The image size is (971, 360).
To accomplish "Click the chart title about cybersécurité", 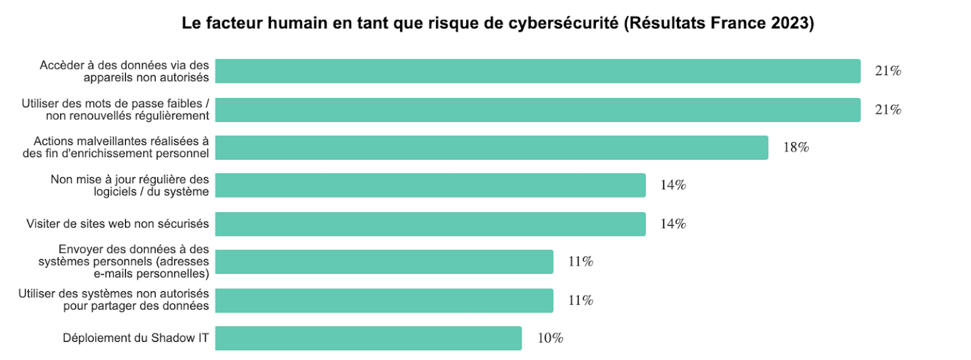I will click(498, 23).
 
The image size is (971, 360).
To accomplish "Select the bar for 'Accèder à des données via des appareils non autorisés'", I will click(538, 71).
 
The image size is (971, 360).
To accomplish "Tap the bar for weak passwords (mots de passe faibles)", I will click(538, 110).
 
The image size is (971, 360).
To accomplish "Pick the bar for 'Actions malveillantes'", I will click(492, 147).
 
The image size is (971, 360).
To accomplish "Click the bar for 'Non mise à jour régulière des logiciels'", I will click(430, 185).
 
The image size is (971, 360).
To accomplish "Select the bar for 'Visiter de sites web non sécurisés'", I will click(430, 224).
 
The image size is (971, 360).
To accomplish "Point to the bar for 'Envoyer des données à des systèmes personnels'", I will click(384, 262).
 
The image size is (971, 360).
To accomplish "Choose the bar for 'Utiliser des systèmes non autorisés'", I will click(384, 300).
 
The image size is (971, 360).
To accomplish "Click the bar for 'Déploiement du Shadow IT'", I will click(368, 338).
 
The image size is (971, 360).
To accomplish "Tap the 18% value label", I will click(796, 147).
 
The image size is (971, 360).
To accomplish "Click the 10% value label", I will click(550, 338).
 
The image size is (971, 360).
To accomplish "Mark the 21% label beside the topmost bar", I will click(888, 71).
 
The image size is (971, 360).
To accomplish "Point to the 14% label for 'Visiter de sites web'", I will click(673, 224).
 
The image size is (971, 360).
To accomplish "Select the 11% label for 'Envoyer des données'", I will click(580, 262).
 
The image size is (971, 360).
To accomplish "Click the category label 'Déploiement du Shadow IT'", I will click(136, 338).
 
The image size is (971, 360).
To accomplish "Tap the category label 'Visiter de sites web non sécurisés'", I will click(118, 224).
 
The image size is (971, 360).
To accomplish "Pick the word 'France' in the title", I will click(738, 23).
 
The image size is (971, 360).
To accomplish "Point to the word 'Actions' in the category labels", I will click(54, 141).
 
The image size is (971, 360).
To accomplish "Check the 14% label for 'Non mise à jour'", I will click(673, 185).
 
